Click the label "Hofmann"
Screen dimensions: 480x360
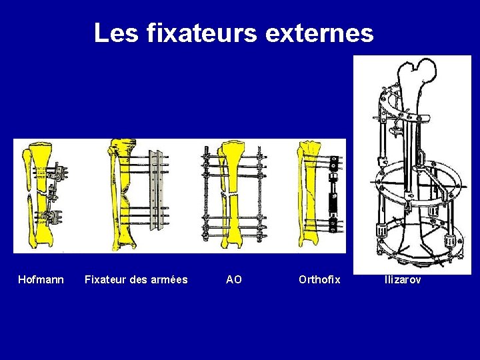[x=41, y=279]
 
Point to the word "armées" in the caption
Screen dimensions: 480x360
[x=167, y=279]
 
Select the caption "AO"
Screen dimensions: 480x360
[x=234, y=279]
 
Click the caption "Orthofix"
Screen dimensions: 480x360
[x=319, y=279]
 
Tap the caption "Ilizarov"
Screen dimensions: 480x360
[x=403, y=279]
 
